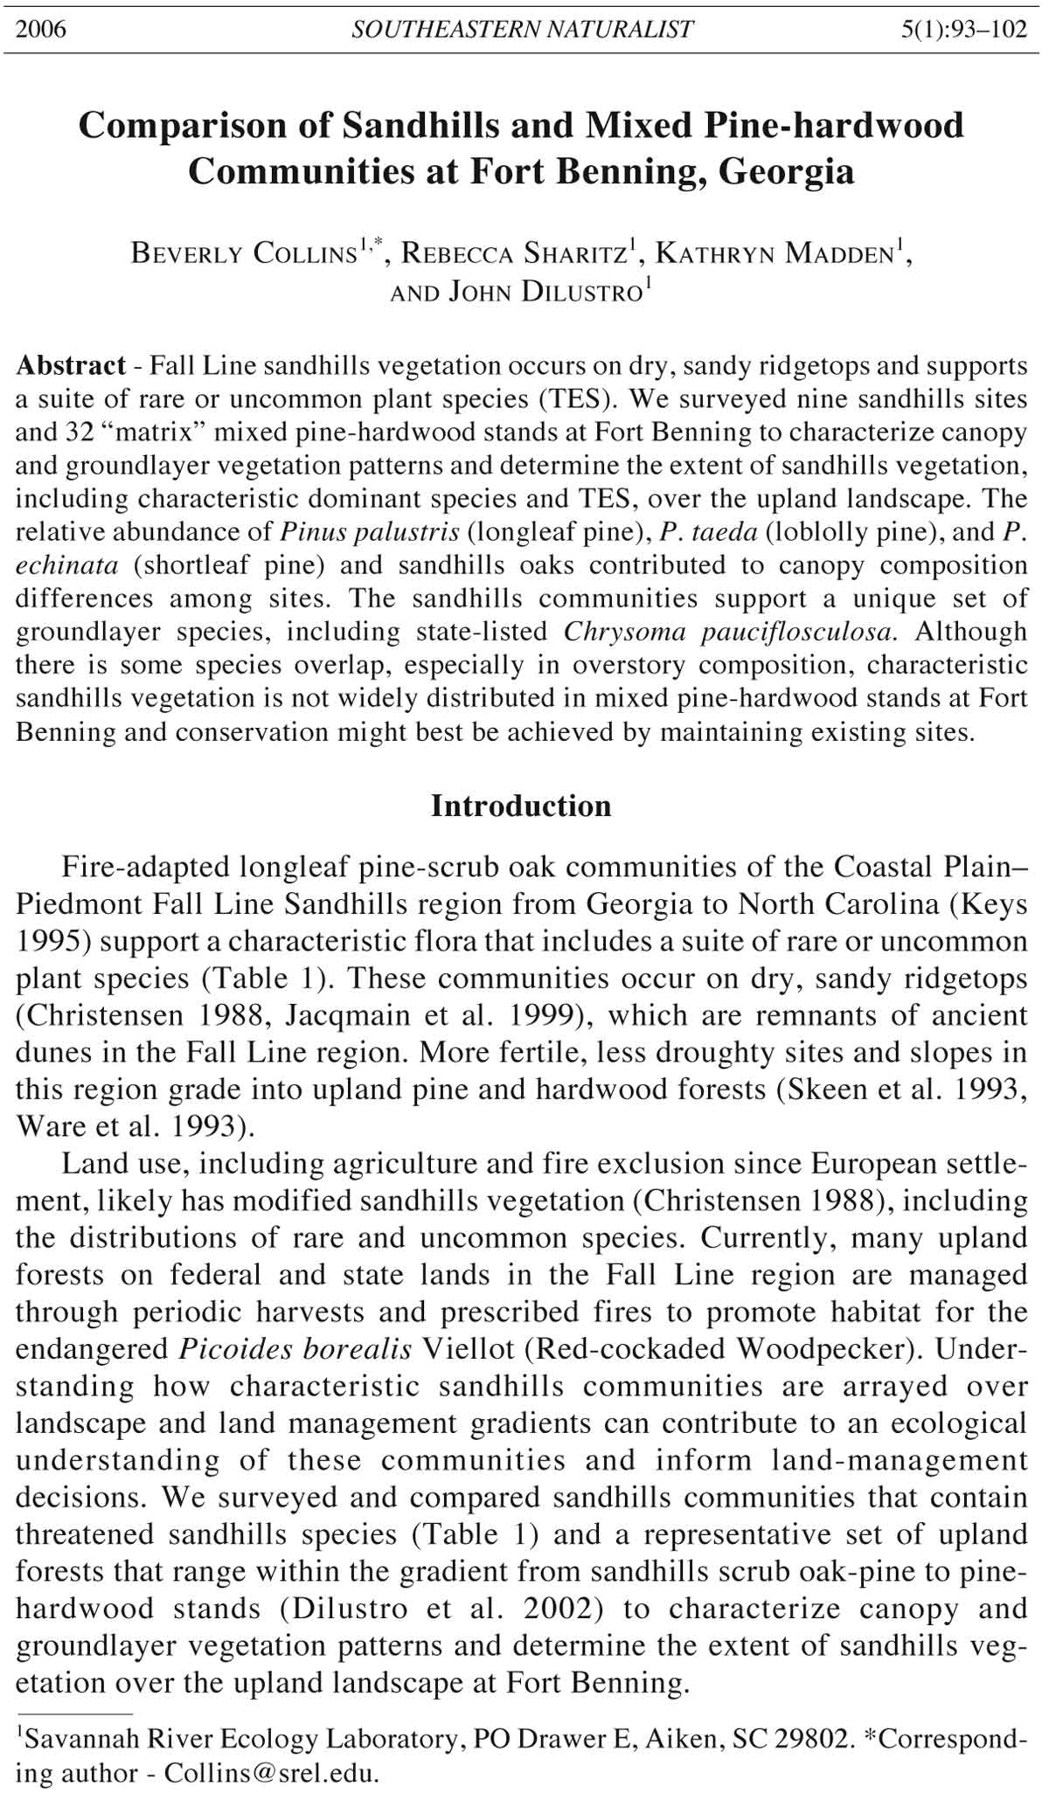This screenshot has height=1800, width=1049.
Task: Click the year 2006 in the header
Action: (x=41, y=30)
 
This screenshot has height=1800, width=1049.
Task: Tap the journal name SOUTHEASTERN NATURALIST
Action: (x=522, y=30)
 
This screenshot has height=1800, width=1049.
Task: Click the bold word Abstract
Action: (x=71, y=365)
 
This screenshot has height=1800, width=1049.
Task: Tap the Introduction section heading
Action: (x=521, y=806)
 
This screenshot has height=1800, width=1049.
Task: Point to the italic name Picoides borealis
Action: (x=295, y=1348)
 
